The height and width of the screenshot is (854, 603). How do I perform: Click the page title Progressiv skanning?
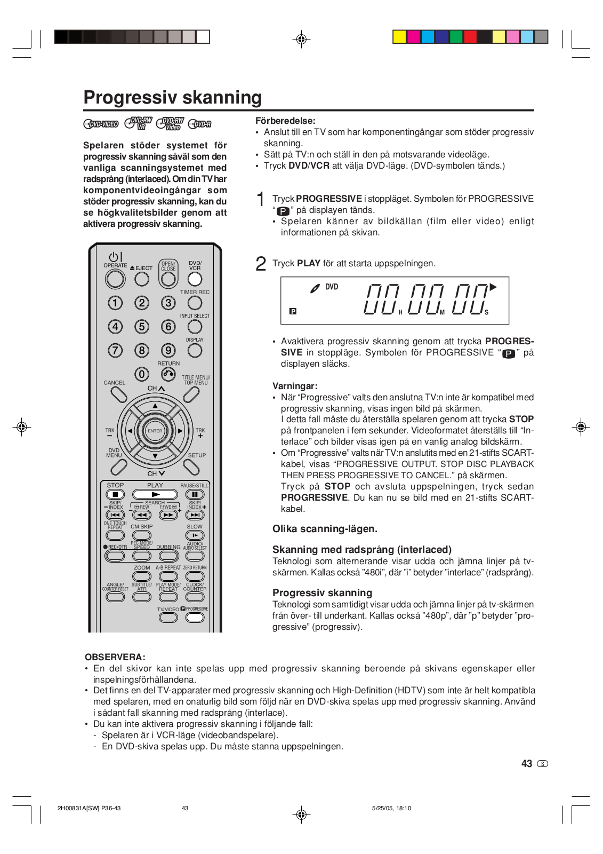[x=172, y=98]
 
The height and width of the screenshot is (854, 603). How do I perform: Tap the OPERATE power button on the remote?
[x=115, y=279]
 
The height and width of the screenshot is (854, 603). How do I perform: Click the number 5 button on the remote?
[x=142, y=327]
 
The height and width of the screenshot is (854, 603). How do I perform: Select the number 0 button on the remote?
[x=141, y=374]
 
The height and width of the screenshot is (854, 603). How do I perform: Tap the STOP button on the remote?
[x=115, y=495]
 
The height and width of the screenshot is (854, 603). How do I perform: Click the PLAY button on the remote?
[x=155, y=495]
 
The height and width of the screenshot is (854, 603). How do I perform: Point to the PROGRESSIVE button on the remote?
[x=195, y=618]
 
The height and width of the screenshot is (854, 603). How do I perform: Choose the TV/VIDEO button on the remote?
[x=168, y=618]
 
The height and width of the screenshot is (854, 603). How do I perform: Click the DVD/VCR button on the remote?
[x=195, y=279]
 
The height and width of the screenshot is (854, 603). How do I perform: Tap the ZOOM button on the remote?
[x=142, y=576]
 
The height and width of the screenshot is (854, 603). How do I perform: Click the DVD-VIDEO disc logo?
[x=101, y=124]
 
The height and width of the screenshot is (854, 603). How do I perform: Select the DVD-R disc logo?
[x=200, y=124]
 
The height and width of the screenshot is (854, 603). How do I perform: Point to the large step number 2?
[x=261, y=264]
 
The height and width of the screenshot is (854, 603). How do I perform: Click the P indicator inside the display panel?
[x=293, y=311]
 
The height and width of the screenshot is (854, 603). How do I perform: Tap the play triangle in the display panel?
[x=493, y=287]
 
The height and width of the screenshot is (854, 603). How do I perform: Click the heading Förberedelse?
[x=285, y=121]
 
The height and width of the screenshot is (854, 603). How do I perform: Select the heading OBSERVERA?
[x=115, y=657]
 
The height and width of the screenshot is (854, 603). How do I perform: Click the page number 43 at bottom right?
[x=527, y=764]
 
